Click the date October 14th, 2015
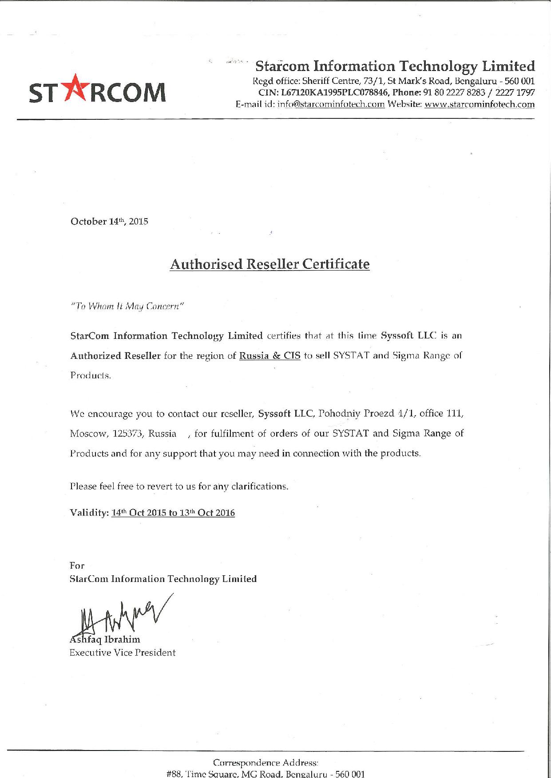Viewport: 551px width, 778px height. click(x=109, y=221)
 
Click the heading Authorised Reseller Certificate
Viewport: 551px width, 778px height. click(x=270, y=264)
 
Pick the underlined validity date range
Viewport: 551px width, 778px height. click(x=173, y=513)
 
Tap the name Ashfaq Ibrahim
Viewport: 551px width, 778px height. click(x=105, y=640)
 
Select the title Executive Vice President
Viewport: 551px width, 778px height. click(x=123, y=653)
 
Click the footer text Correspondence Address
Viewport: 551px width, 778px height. click(x=266, y=763)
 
